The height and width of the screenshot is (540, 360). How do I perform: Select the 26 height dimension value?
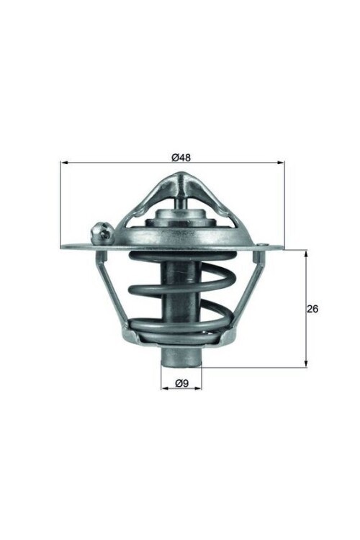point(312,309)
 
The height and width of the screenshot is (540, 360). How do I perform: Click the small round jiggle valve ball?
point(101,232)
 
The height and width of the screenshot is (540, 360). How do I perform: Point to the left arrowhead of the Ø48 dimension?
point(63,163)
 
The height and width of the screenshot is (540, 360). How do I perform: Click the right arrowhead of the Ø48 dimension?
point(282,163)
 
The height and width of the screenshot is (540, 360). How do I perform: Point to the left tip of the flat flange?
point(63,248)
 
